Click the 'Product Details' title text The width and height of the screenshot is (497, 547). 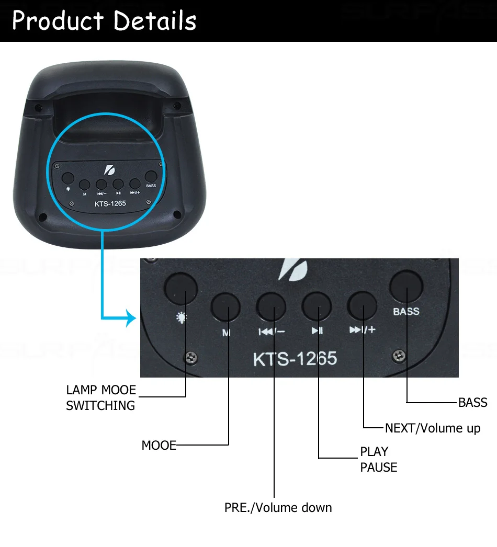104,21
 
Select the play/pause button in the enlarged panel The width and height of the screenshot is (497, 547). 317,305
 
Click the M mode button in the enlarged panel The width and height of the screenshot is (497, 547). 226,306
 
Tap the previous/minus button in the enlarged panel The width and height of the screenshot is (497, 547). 272,306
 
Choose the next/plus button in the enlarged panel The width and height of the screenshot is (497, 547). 363,305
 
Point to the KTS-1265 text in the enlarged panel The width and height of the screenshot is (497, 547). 295,359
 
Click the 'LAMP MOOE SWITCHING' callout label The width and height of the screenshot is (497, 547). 100,397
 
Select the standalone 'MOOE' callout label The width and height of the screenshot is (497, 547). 159,446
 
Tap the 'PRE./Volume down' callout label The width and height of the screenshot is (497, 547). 278,508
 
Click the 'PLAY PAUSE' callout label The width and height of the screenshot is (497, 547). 378,459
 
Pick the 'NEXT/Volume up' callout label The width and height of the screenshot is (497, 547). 432,428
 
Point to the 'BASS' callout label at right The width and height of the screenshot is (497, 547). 472,402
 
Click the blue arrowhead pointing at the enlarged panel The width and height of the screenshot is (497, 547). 131,317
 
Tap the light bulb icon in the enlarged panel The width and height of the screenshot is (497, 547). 181,317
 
